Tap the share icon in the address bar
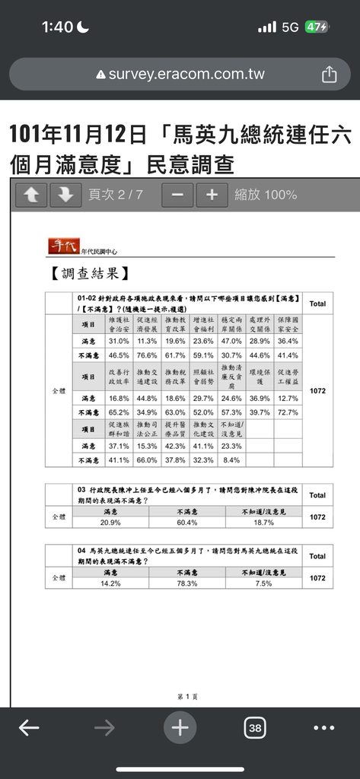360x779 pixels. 329,74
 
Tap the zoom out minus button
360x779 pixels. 177,195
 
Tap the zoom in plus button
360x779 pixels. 212,195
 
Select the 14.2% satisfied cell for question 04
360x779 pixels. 110,584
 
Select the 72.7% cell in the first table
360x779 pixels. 288,412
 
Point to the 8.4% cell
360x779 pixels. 231,459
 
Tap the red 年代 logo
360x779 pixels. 63,246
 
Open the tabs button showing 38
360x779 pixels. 255,728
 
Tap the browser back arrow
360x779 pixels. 29,728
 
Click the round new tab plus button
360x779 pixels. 180,728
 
